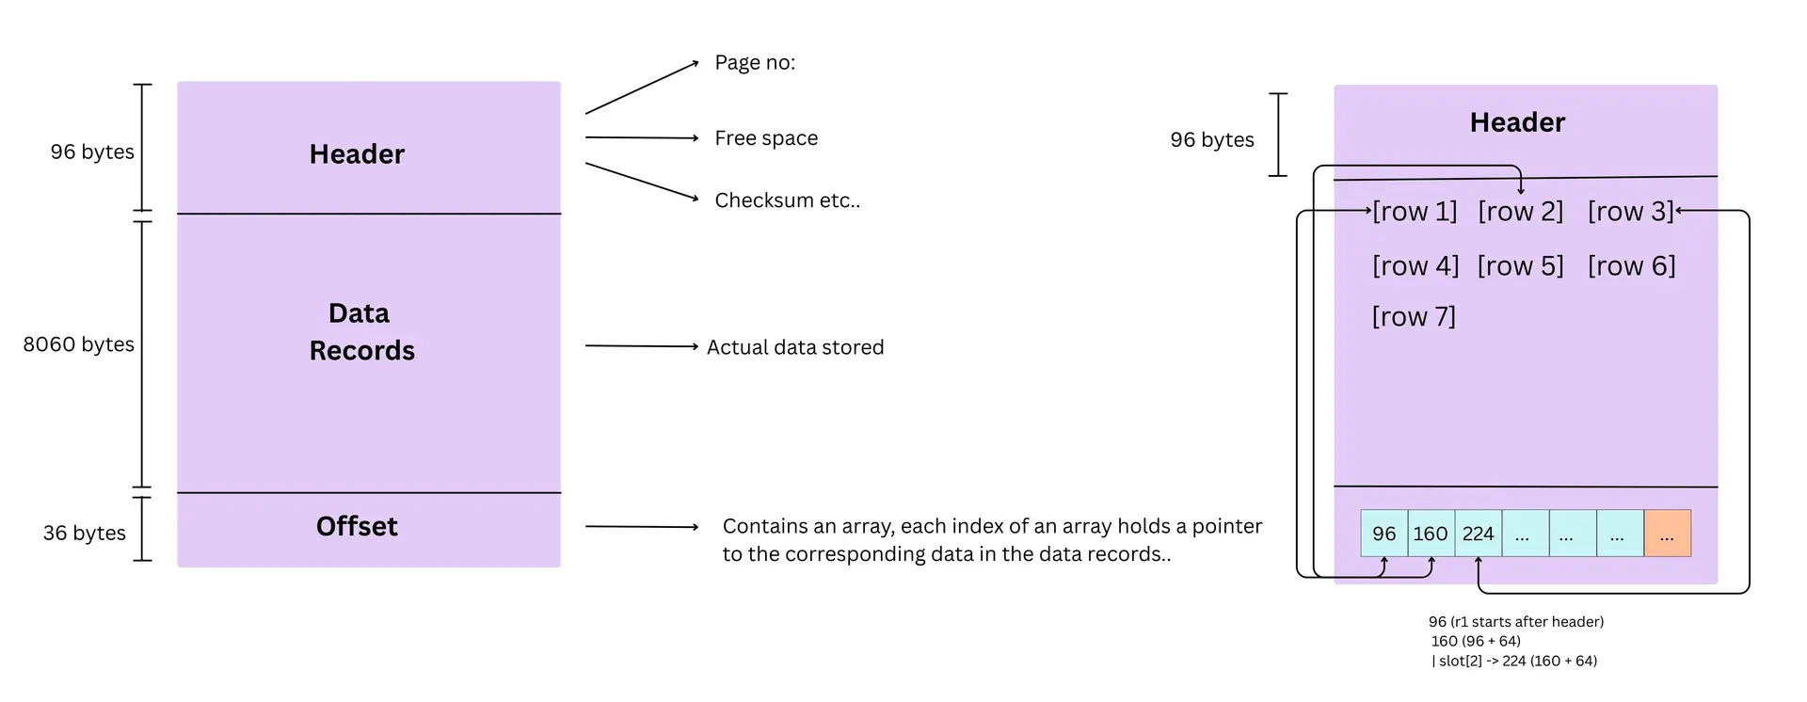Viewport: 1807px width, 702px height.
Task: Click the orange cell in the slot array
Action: (x=1667, y=534)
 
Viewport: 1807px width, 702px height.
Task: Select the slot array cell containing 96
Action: (x=1383, y=534)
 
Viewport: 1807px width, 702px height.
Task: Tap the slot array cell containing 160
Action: (x=1431, y=534)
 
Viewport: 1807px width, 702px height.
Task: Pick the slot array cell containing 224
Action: (x=1478, y=534)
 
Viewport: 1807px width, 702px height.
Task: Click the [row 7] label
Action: (x=1414, y=317)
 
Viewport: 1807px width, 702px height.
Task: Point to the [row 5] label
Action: (x=1520, y=266)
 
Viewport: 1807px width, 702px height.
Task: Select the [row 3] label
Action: (x=1630, y=212)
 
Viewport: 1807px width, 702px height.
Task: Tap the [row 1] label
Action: (x=1415, y=212)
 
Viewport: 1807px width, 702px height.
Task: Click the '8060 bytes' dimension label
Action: (x=79, y=344)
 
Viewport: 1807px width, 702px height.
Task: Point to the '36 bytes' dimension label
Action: (x=85, y=533)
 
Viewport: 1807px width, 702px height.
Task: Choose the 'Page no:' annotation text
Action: (x=755, y=63)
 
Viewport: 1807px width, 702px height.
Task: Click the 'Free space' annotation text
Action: (x=766, y=138)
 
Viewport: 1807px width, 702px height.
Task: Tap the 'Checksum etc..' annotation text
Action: (x=787, y=200)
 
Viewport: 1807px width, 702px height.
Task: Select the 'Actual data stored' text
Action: (x=795, y=347)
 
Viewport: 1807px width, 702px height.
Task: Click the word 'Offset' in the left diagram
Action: (x=357, y=526)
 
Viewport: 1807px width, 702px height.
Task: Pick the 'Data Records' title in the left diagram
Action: (x=361, y=331)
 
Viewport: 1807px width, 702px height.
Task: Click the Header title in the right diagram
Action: (x=1517, y=122)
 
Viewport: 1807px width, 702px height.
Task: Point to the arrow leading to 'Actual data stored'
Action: (x=641, y=346)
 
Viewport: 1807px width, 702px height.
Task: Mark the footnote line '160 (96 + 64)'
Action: (x=1476, y=641)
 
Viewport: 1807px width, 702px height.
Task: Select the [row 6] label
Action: (x=1631, y=266)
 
